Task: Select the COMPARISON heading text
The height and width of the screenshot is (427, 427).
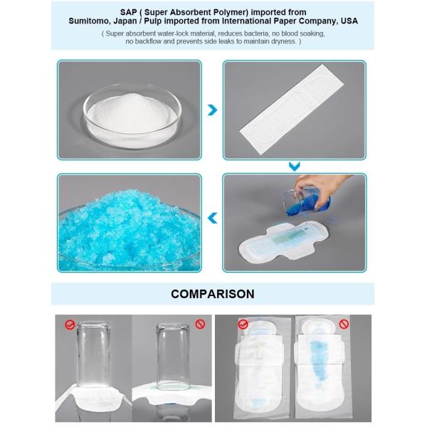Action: coord(213,293)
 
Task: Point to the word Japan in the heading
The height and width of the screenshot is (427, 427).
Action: coord(128,21)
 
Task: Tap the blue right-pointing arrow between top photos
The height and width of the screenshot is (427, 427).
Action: coord(211,111)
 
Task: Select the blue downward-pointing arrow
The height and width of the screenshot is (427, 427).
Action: coord(294,167)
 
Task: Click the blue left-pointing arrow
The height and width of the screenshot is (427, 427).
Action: coord(211,218)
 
